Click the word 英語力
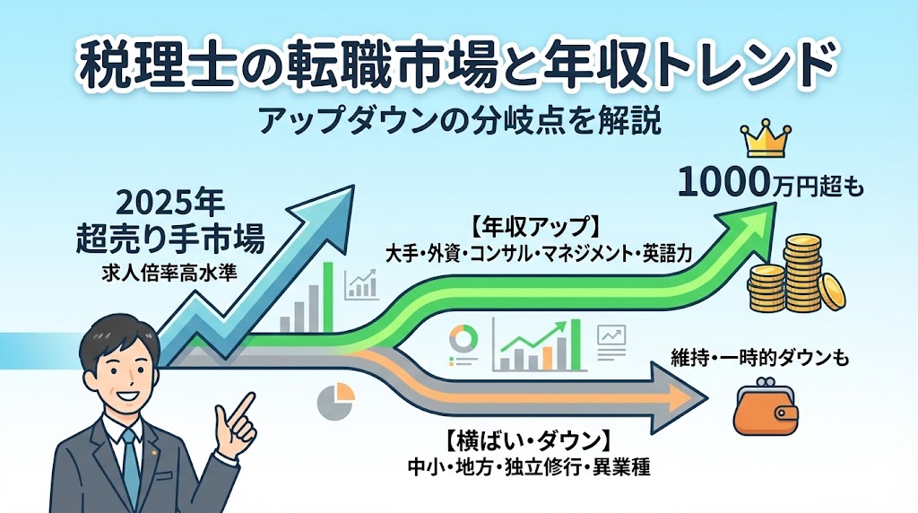pos(667,252)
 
